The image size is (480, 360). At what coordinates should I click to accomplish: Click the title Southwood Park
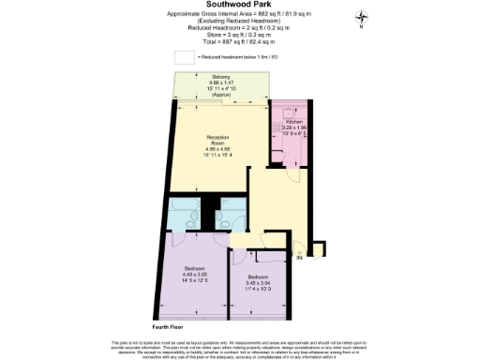pos(239,5)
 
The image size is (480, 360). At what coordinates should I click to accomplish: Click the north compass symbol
pos(361,19)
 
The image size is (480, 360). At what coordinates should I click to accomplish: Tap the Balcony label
pos(221,76)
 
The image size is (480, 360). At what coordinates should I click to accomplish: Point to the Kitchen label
pos(294,123)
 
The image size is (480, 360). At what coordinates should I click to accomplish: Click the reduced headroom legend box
pos(185,58)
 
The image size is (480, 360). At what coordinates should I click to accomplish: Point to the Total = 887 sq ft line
pos(240,44)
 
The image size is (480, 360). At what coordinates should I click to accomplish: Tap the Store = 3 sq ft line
pos(240,37)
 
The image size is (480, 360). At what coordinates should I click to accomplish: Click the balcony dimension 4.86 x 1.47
pos(221,82)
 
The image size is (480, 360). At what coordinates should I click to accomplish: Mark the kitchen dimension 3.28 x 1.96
pos(295,128)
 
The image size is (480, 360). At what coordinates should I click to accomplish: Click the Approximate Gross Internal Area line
pos(240,14)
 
